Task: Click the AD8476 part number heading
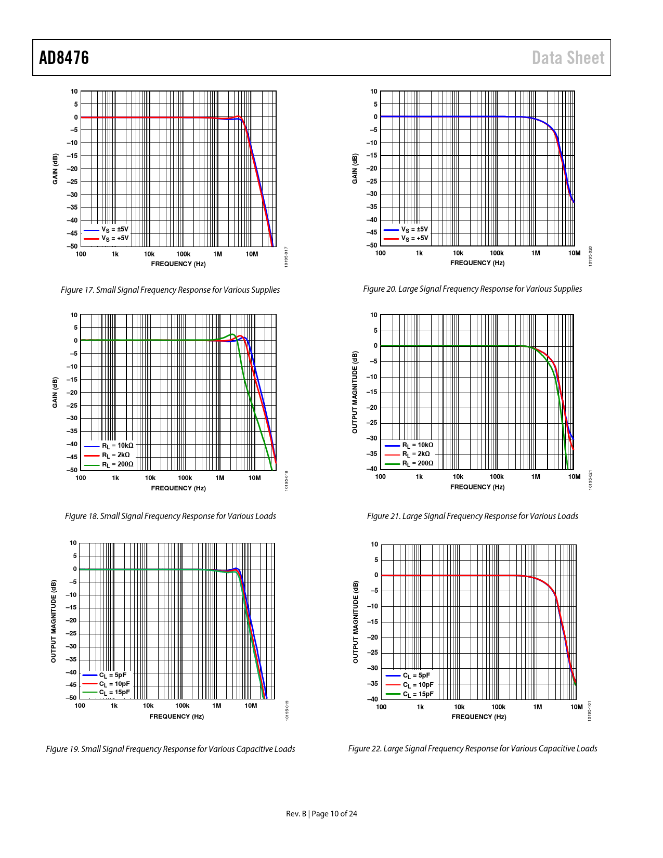[x=64, y=58]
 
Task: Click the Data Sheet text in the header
[x=568, y=58]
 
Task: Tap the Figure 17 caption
[x=170, y=290]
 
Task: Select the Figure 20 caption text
[x=472, y=289]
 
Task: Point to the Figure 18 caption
[x=170, y=516]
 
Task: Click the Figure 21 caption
[x=472, y=516]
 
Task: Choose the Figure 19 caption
[x=170, y=749]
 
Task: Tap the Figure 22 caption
[x=472, y=748]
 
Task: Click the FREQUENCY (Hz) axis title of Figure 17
[x=178, y=264]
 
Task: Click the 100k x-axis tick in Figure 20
[x=497, y=253]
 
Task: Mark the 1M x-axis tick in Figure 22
[x=537, y=707]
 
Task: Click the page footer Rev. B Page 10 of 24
[x=321, y=814]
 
